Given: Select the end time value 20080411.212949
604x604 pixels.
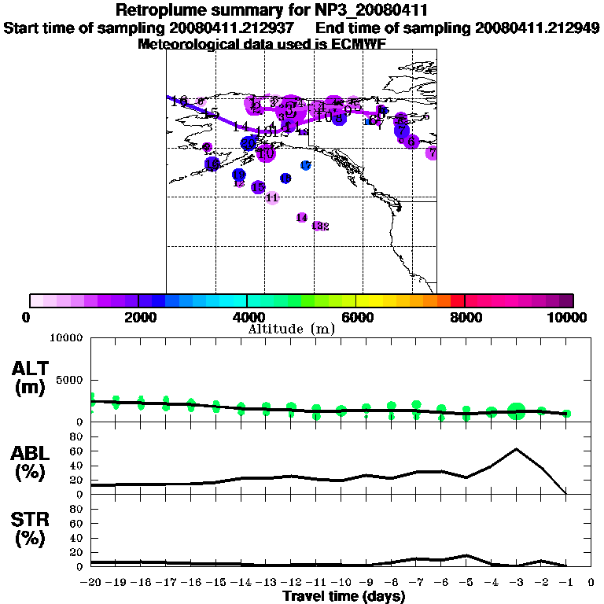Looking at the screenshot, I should coord(537,28).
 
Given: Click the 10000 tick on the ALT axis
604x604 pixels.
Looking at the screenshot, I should coord(66,338).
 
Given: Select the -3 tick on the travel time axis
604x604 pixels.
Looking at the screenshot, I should coord(516,583).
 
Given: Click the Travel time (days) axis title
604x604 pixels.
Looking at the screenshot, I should coord(343,597).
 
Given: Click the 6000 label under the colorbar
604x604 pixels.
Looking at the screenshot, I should coord(355,318).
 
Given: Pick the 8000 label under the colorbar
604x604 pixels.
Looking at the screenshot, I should coord(465,318).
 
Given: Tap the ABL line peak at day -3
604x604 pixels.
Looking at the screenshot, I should coord(516,449).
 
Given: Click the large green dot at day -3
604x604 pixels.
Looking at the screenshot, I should coord(516,410).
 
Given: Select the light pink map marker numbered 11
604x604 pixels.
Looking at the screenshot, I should coord(272,197).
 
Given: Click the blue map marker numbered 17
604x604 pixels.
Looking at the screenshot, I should coord(306,165).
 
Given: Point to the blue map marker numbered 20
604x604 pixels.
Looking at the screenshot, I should coord(249,143).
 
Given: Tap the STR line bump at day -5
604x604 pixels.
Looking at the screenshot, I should coord(466,555).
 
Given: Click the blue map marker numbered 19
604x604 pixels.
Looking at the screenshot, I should coord(238,175).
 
